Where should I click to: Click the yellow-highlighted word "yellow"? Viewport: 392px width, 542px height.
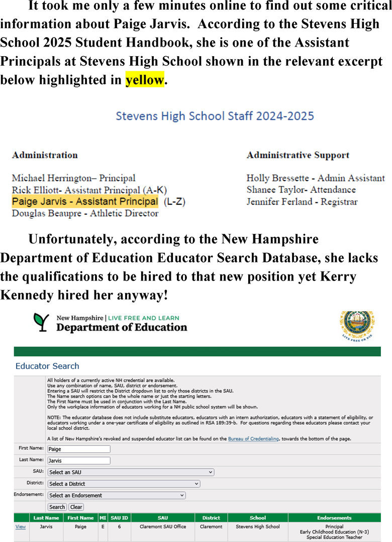tap(145, 80)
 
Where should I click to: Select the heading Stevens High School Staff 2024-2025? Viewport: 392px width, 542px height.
tap(215, 116)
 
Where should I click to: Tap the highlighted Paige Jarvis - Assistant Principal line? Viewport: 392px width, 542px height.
tap(84, 202)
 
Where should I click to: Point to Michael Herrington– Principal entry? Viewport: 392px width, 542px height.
tap(73, 178)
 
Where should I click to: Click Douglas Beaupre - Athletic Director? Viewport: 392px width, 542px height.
tap(85, 213)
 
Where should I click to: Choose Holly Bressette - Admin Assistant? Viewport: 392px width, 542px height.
tap(315, 178)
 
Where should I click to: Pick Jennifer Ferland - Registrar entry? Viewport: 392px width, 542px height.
tap(302, 202)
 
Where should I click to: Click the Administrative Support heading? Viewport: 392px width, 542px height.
tap(298, 155)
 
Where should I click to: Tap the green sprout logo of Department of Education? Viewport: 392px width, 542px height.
tap(41, 322)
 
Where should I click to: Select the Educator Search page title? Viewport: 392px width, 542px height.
tap(47, 366)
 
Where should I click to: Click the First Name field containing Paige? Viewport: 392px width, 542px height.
tap(78, 449)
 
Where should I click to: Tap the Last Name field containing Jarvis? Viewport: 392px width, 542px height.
tap(78, 460)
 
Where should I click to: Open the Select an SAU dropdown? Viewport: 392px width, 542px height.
tap(131, 472)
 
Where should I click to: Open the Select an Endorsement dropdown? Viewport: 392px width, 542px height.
tap(116, 495)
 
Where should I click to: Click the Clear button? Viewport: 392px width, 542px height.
tap(76, 507)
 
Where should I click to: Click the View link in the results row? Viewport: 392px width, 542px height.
tap(21, 526)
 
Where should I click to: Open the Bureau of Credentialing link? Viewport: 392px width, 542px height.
tap(253, 439)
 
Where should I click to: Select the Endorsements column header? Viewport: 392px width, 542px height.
tap(334, 517)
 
